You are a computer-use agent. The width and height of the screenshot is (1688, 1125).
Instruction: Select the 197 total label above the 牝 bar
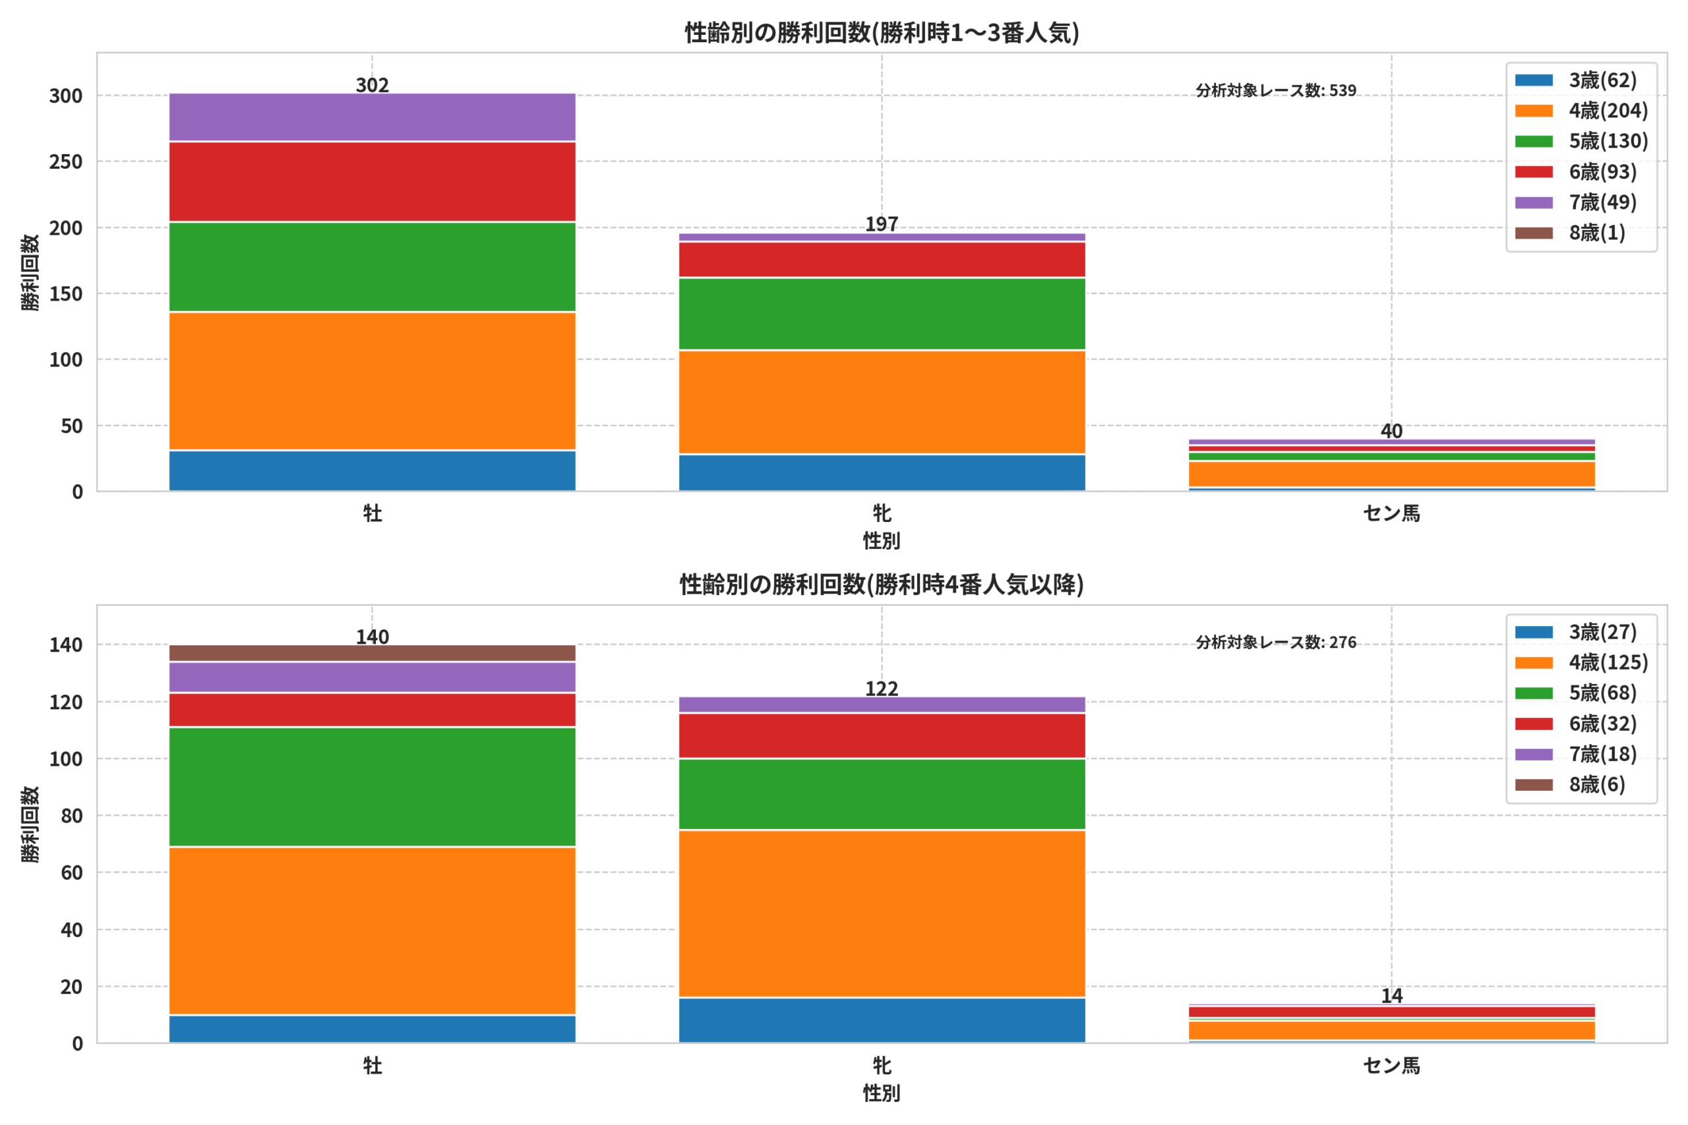pos(882,224)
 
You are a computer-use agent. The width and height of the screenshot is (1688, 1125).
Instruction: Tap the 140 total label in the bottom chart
pos(372,637)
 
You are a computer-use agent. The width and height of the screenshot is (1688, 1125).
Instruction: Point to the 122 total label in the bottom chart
pos(882,689)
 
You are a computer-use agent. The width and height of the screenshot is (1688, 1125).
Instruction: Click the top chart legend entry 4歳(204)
pos(1581,111)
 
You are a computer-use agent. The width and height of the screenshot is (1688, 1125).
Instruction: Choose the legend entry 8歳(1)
pos(1569,233)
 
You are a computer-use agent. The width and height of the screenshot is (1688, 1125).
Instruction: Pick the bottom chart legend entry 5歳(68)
pos(1575,693)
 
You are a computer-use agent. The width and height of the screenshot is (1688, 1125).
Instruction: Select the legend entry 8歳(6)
pos(1569,784)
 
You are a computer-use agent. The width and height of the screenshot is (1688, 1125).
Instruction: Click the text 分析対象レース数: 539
pos(1275,90)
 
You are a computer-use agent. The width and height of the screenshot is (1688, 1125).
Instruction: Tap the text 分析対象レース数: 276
pos(1275,642)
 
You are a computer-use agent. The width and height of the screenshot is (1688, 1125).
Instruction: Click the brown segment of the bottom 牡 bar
pos(372,653)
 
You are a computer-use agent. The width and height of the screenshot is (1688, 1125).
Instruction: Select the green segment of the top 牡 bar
pos(372,267)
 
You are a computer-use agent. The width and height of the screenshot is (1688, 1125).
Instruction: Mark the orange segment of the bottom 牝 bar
pos(882,913)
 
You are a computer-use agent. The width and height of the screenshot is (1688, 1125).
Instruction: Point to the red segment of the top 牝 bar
pos(882,260)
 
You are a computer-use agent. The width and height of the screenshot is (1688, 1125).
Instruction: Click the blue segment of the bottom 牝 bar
pos(882,1020)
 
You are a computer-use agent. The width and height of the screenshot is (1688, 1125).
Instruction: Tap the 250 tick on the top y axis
pos(65,161)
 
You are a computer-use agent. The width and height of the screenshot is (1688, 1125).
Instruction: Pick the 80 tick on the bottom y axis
pos(72,816)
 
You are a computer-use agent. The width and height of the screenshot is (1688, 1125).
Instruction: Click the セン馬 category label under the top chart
pos(1391,513)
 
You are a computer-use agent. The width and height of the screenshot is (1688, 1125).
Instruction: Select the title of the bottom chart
pos(882,585)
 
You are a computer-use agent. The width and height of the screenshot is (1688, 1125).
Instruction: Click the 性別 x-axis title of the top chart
pos(882,541)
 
